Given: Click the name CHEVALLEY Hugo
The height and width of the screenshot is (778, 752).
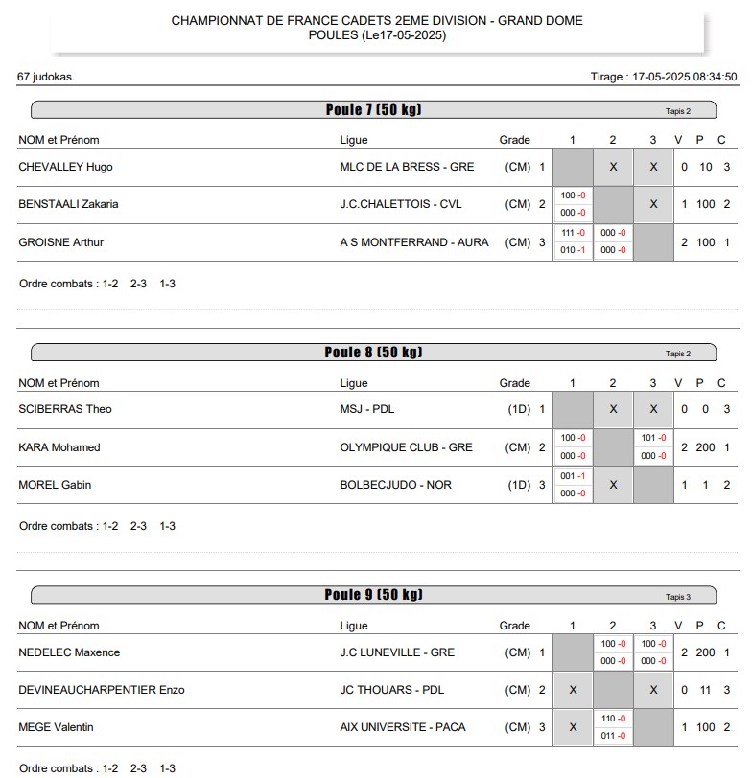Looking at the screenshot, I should click(x=65, y=167).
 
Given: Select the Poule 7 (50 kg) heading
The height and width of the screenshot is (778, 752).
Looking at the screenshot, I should click(x=373, y=110).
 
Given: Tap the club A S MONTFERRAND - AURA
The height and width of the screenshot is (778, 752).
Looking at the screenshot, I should click(x=414, y=242).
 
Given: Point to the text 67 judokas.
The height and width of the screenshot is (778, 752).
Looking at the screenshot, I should click(x=46, y=77).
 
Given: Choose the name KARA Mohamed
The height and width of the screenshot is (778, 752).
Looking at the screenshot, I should click(x=59, y=447).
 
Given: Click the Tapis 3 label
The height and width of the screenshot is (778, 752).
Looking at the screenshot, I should click(x=678, y=597).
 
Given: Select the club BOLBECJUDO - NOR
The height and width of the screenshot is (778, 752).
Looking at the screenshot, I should click(x=395, y=485).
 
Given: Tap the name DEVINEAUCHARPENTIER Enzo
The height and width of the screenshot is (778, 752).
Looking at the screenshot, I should click(x=102, y=690).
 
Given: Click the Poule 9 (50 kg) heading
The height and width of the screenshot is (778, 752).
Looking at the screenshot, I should click(x=373, y=595).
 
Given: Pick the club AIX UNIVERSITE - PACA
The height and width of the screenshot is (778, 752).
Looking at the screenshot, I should click(x=404, y=727).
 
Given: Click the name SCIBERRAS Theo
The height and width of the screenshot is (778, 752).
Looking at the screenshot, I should click(x=65, y=409).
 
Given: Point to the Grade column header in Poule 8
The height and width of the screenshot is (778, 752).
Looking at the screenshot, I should click(x=514, y=383).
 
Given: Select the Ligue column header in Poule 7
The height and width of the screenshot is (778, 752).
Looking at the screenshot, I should click(x=354, y=141).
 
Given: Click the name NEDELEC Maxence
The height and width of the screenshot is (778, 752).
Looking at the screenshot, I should click(x=69, y=652).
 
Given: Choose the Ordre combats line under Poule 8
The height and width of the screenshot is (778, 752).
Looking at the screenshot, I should click(x=97, y=526).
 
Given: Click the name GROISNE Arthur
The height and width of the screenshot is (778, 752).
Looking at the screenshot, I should click(x=61, y=242).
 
